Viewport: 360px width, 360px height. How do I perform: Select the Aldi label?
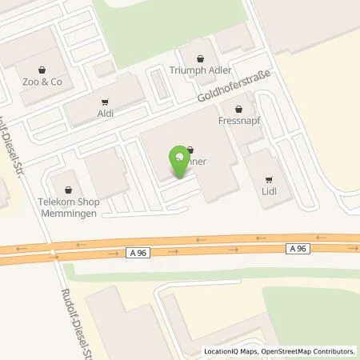point(106,114)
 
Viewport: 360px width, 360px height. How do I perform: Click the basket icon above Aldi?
point(106,102)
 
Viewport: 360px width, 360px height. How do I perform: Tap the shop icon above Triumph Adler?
point(199,58)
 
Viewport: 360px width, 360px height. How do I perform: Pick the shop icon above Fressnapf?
point(238,108)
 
